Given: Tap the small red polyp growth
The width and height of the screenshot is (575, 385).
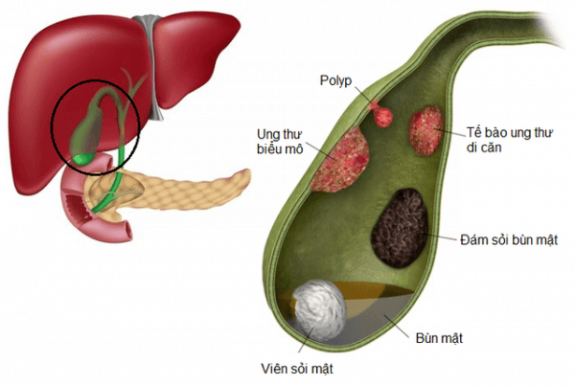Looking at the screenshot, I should [383, 114].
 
